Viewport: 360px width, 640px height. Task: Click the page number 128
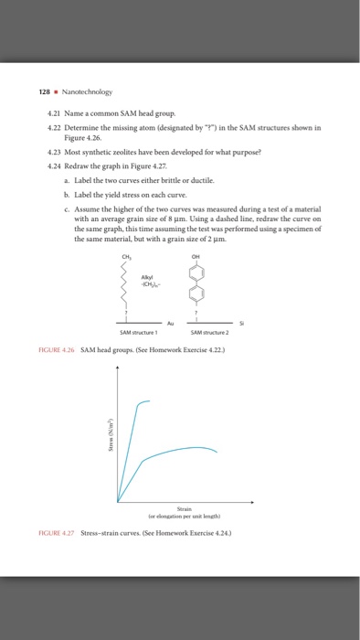pos(46,91)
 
